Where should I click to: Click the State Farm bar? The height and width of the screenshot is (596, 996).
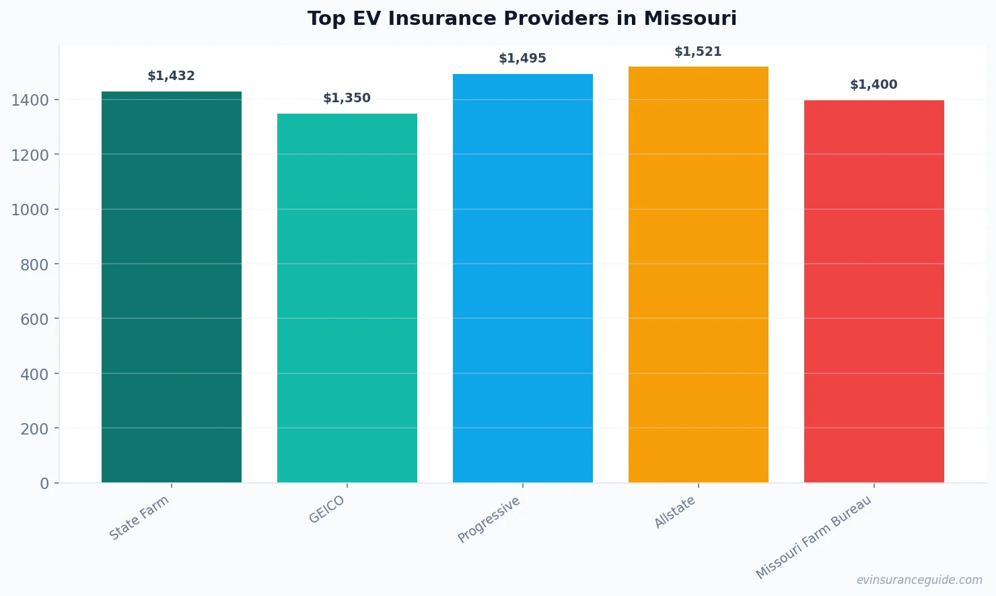coord(172,287)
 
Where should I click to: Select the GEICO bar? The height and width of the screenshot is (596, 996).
coord(347,298)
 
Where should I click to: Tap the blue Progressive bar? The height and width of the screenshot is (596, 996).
coord(523,278)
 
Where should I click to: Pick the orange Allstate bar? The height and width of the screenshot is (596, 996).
coord(699,274)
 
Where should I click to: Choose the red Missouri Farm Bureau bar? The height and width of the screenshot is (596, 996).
coord(874,291)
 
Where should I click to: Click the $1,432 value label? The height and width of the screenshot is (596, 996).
coord(172,76)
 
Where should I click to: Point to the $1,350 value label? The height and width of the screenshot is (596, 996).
coord(347,98)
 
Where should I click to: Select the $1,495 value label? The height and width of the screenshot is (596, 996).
coord(523,59)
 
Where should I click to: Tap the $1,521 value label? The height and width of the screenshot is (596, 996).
coord(699,52)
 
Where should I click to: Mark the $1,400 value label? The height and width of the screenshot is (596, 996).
coord(874,85)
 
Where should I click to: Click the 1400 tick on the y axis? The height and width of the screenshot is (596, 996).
coord(30,100)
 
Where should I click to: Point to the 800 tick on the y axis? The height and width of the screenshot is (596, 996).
coord(34,265)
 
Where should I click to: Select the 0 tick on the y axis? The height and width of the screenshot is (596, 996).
coord(44,484)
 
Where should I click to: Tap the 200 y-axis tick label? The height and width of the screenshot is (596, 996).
coord(34,429)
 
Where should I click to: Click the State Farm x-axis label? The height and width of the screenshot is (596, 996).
coord(139,518)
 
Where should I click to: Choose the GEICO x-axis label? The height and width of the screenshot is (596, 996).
coord(327,510)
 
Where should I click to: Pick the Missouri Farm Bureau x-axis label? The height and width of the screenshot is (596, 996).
coord(814,537)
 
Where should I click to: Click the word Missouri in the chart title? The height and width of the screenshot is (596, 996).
coord(690,18)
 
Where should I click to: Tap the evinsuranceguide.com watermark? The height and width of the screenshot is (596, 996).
coord(919,580)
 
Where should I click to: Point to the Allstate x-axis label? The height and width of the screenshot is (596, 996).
coord(675,513)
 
